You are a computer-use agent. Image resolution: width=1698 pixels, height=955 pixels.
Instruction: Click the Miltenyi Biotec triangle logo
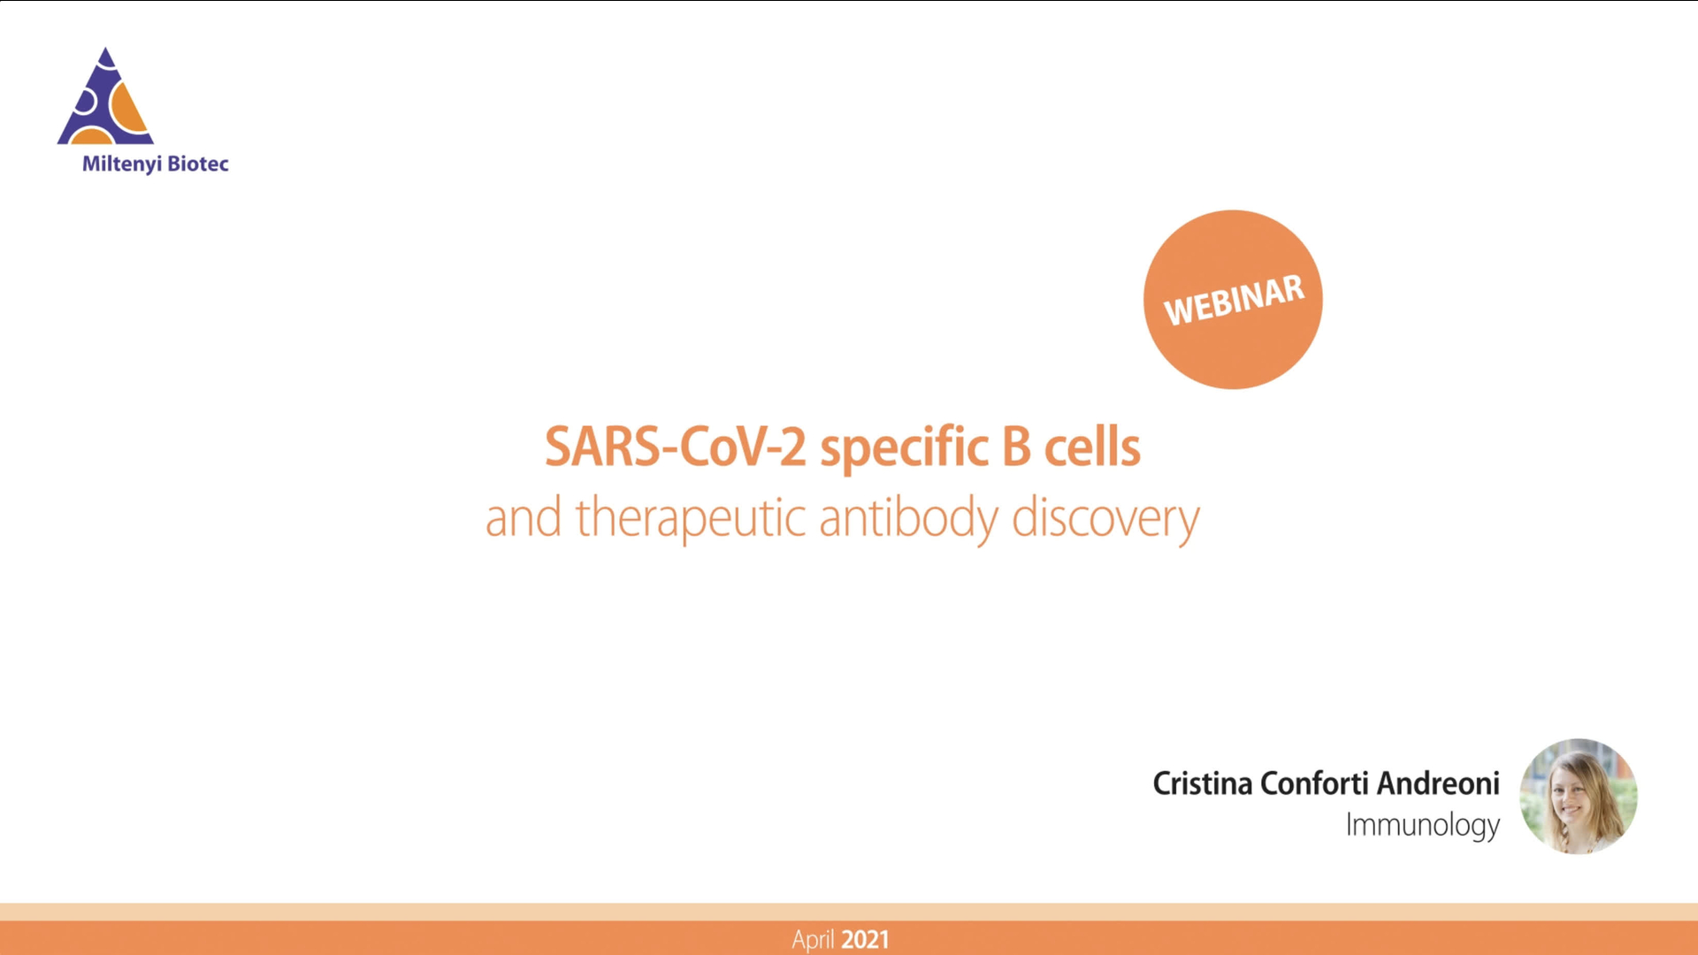[105, 99]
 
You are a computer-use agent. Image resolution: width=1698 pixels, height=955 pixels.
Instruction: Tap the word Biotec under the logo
[198, 164]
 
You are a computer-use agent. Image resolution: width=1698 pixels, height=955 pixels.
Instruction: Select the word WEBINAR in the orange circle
[1233, 301]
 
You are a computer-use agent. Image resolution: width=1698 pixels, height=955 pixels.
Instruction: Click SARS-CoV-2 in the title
[675, 447]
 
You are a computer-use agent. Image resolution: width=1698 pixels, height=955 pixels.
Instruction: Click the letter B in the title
[1016, 447]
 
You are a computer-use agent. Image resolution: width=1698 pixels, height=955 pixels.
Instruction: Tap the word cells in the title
[1092, 447]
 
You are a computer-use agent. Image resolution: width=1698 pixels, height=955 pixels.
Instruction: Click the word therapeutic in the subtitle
[690, 518]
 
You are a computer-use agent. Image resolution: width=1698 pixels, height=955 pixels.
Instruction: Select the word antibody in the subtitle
[908, 518]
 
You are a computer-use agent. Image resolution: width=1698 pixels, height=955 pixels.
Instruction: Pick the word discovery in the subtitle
[1105, 518]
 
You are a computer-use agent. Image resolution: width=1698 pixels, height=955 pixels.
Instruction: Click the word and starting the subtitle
[523, 518]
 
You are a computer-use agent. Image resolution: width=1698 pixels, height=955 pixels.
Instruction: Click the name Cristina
[1202, 783]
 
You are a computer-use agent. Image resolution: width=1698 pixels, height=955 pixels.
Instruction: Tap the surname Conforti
[1314, 783]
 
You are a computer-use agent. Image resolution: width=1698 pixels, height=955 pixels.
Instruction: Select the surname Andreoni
[1438, 783]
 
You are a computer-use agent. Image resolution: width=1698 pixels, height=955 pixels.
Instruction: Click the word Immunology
[1422, 825]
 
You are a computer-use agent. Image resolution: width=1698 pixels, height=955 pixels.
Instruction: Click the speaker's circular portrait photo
[1578, 797]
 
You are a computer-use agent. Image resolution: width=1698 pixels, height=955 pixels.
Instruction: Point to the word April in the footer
[813, 939]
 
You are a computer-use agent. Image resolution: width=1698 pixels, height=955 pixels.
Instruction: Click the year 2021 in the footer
[865, 939]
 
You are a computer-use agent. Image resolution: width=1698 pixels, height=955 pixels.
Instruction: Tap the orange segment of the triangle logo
[131, 111]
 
